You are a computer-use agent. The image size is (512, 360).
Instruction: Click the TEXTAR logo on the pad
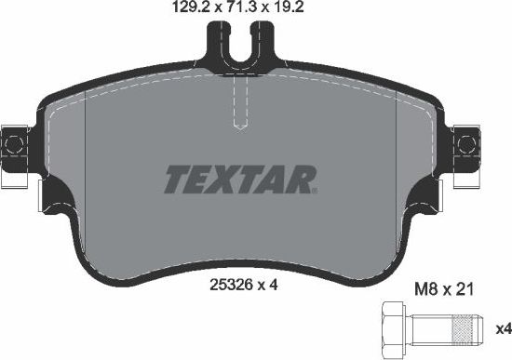tap(242, 177)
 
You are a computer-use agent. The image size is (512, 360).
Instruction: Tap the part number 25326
tap(229, 286)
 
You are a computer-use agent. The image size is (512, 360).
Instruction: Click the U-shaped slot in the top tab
tap(242, 52)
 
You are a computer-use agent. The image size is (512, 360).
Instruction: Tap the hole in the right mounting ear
tap(468, 143)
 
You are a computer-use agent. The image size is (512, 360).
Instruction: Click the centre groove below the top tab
tap(242, 107)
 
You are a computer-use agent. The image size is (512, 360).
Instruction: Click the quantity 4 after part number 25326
tap(275, 286)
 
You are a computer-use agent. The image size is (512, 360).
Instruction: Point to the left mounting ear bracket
tap(14, 143)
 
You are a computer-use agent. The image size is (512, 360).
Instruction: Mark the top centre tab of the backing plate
tap(242, 42)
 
